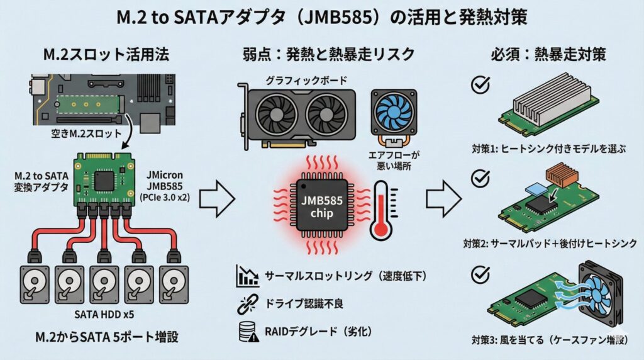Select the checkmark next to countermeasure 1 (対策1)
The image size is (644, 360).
(x=480, y=86)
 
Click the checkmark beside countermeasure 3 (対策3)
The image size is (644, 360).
(x=480, y=275)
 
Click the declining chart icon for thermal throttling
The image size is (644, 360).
(x=247, y=276)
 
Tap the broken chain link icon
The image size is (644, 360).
(x=247, y=305)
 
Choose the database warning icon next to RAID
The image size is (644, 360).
(x=247, y=332)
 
